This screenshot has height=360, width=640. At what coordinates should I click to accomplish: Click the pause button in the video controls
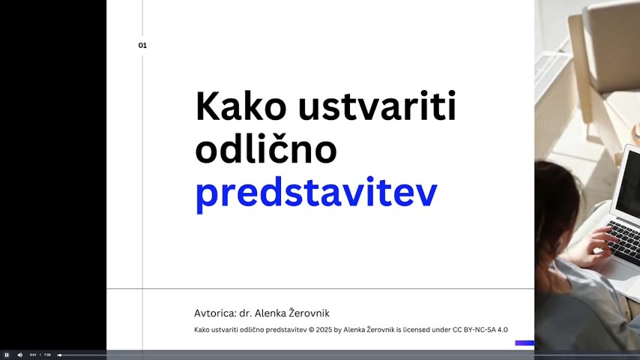[7, 355]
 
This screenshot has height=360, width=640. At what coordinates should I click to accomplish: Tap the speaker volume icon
[20, 355]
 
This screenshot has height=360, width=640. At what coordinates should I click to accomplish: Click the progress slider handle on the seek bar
[60, 355]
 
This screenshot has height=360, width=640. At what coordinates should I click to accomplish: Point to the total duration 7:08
[47, 355]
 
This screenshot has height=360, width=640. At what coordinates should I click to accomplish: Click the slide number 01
[142, 45]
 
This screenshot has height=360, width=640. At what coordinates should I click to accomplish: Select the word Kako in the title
[241, 106]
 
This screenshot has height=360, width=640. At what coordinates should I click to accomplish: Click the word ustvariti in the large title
[377, 106]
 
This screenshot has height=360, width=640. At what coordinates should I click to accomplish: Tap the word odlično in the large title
[266, 148]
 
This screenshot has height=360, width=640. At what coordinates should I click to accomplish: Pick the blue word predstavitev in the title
[316, 194]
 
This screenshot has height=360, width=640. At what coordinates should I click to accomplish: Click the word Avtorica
[216, 313]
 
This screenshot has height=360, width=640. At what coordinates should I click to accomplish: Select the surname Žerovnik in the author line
[309, 313]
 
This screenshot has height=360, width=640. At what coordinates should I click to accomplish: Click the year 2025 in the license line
[324, 330]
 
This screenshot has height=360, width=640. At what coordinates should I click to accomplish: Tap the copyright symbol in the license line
[312, 330]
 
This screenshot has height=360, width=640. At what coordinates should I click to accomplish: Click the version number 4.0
[503, 330]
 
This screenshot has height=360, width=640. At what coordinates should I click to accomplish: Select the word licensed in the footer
[417, 330]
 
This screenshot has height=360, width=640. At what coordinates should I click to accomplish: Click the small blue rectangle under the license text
[525, 343]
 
